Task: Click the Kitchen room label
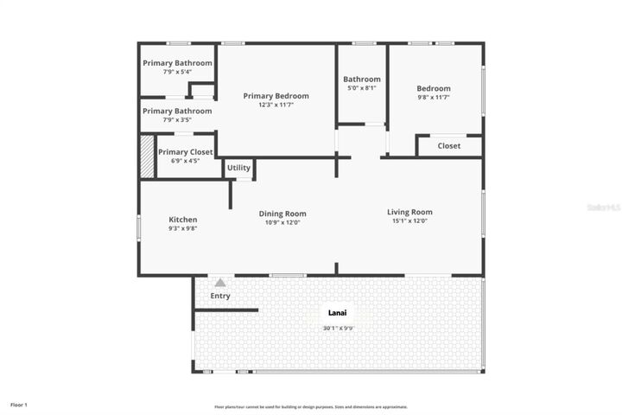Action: pyautogui.click(x=182, y=220)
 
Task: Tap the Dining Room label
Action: pyautogui.click(x=282, y=214)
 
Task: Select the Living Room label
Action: pyautogui.click(x=409, y=212)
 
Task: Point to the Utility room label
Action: pyautogui.click(x=239, y=167)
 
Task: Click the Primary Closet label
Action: pyautogui.click(x=185, y=152)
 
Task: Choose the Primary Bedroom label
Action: pyautogui.click(x=276, y=96)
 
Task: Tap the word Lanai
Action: pyautogui.click(x=338, y=312)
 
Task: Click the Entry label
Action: pyautogui.click(x=220, y=296)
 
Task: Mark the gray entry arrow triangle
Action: pyautogui.click(x=220, y=282)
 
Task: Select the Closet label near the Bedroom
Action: pyautogui.click(x=449, y=146)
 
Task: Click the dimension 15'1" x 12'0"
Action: pyautogui.click(x=409, y=221)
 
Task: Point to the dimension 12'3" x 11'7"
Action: pyautogui.click(x=276, y=105)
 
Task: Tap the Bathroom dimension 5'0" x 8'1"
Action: pyautogui.click(x=361, y=88)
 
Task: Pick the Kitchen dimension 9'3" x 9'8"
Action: pyautogui.click(x=182, y=229)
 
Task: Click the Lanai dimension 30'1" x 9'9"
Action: pyautogui.click(x=338, y=328)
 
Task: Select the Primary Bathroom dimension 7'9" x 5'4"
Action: pyautogui.click(x=177, y=72)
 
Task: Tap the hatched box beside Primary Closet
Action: pyautogui.click(x=147, y=156)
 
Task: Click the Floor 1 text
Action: pyautogui.click(x=19, y=405)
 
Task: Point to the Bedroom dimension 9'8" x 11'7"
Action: pyautogui.click(x=434, y=98)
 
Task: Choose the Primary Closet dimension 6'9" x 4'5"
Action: pyautogui.click(x=185, y=161)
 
